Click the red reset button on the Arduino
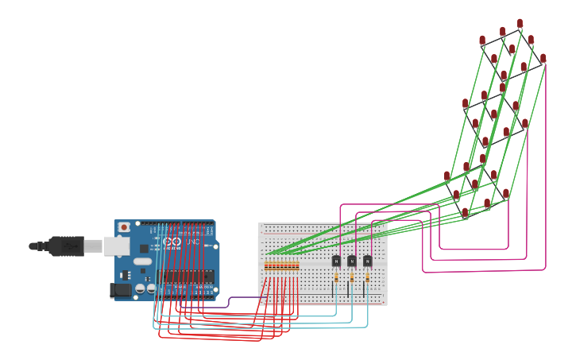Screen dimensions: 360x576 (x=124, y=227)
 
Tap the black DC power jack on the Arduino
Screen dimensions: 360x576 (x=121, y=291)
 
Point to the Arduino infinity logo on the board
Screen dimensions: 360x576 (x=173, y=242)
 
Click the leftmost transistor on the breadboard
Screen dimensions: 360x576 (x=336, y=261)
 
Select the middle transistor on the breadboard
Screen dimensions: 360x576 (x=352, y=261)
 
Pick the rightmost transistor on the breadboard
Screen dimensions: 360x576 (x=368, y=261)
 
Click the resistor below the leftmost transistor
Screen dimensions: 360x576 (x=336, y=278)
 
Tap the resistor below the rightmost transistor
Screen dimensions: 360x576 (x=368, y=278)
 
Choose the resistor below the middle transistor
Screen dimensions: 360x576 (x=352, y=278)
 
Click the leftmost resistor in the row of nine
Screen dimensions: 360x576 (x=266, y=265)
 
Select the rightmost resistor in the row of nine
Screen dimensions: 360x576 (x=298, y=265)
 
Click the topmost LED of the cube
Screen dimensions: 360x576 (x=520, y=24)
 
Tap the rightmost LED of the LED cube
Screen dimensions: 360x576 (x=543, y=58)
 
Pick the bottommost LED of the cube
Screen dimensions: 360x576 (x=465, y=213)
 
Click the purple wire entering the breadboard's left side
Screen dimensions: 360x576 (x=238, y=300)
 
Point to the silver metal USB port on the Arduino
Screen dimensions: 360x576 (x=116, y=246)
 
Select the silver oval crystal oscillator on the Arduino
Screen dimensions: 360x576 (x=142, y=261)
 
